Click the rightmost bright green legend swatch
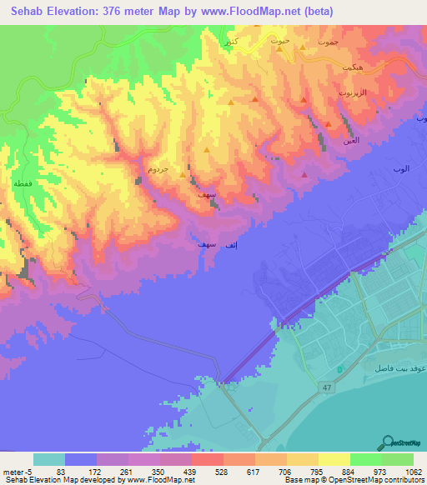pyautogui.click(x=398, y=459)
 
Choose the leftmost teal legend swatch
pyautogui.click(x=49, y=459)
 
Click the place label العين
pyautogui.click(x=353, y=142)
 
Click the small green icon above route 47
pyautogui.click(x=339, y=369)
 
